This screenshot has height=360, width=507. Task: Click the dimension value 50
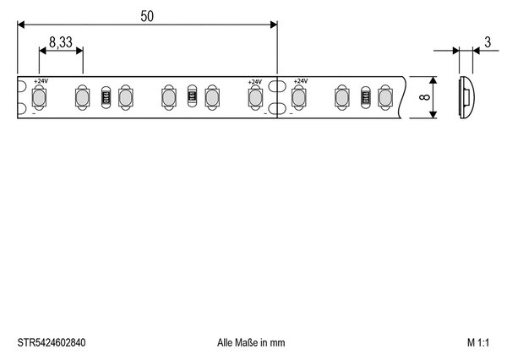pyautogui.click(x=147, y=16)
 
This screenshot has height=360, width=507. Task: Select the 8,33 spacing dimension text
pyautogui.click(x=61, y=42)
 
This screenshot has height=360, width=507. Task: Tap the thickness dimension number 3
pyautogui.click(x=488, y=42)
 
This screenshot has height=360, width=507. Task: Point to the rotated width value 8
pyautogui.click(x=424, y=97)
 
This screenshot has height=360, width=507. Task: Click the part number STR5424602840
pyautogui.click(x=52, y=342)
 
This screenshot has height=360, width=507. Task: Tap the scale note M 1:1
pyautogui.click(x=478, y=342)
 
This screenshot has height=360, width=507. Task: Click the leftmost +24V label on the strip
pyautogui.click(x=41, y=81)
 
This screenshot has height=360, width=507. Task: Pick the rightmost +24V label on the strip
pyautogui.click(x=301, y=81)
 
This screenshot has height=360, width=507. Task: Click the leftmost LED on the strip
pyautogui.click(x=39, y=97)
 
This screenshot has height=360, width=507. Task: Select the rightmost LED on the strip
pyautogui.click(x=385, y=97)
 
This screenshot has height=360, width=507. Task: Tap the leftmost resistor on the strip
pyautogui.click(x=106, y=97)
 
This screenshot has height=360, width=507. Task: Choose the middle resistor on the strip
pyautogui.click(x=192, y=97)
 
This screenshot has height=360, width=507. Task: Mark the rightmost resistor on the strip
pyautogui.click(x=365, y=97)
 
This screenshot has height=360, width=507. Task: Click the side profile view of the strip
pyautogui.click(x=466, y=97)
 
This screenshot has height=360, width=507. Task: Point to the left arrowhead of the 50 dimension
pyautogui.click(x=21, y=25)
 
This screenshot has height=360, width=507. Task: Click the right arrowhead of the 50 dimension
pyautogui.click(x=274, y=25)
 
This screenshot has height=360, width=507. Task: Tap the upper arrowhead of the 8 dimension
pyautogui.click(x=433, y=80)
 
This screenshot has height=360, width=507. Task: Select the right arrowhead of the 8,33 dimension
pyautogui.click(x=79, y=51)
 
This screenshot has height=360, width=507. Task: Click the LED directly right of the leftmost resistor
pyautogui.click(x=125, y=97)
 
